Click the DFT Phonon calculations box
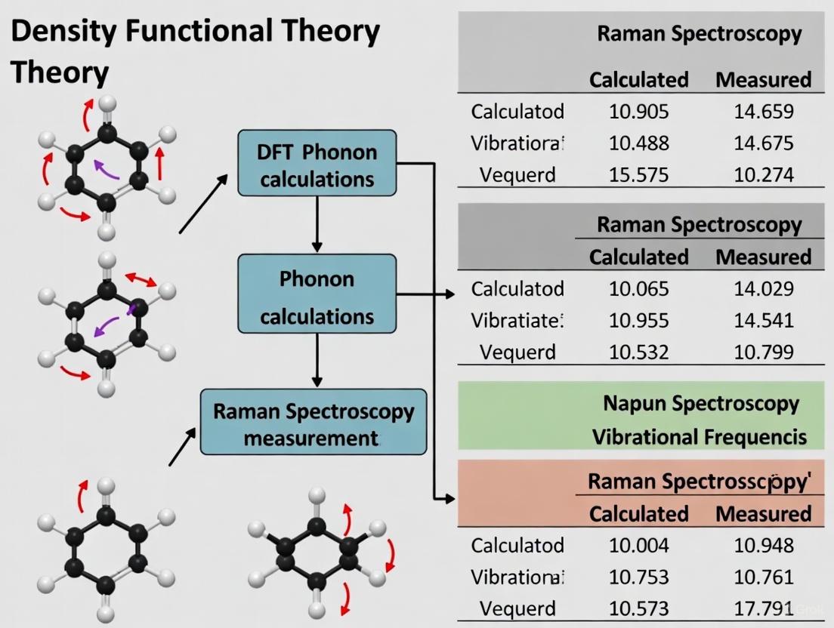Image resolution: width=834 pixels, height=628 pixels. click(317, 165)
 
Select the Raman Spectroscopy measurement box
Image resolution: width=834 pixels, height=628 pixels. click(314, 422)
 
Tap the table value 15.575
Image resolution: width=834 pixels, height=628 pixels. click(638, 174)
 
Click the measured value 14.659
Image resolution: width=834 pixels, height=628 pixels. click(763, 112)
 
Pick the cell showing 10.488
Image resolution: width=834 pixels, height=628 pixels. click(638, 143)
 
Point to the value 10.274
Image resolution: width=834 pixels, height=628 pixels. click(763, 174)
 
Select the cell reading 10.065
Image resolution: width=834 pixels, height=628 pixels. click(638, 288)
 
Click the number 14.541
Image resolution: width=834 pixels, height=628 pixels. click(763, 320)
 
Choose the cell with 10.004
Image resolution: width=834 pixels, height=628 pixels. click(638, 545)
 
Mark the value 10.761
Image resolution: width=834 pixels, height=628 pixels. click(763, 577)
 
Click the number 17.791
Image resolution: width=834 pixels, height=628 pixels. click(763, 608)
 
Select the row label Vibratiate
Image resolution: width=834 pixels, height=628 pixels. click(517, 320)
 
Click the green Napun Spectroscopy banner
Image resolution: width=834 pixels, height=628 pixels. click(700, 403)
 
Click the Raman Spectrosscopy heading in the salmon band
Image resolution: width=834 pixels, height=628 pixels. click(699, 481)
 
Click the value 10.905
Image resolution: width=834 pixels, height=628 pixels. click(638, 112)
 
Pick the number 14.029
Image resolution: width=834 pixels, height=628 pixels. click(763, 288)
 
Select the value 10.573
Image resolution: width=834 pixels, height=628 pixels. click(638, 608)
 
